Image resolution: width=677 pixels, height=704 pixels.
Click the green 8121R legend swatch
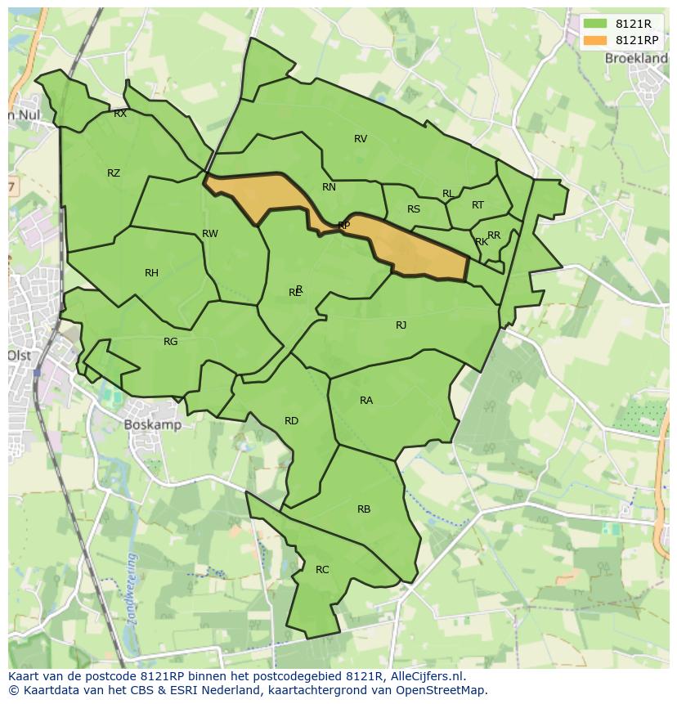click(594, 24)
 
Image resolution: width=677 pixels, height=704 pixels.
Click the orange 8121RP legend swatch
click(594, 40)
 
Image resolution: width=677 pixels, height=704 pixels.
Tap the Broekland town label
click(635, 58)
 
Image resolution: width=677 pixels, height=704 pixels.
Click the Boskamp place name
click(152, 424)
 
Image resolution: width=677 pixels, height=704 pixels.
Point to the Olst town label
click(19, 356)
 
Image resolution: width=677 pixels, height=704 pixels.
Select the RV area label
click(361, 138)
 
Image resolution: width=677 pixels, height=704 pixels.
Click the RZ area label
click(114, 173)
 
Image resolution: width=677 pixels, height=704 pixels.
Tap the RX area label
click(120, 114)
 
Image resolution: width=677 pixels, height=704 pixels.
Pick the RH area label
click(151, 272)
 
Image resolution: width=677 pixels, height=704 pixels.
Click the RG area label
click(170, 341)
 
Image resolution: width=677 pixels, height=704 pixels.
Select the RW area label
click(210, 233)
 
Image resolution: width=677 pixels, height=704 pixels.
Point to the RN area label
click(329, 186)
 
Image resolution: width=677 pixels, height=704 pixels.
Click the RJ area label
click(401, 325)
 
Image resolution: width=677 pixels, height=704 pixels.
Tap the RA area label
click(366, 400)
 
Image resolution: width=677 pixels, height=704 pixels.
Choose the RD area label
click(291, 420)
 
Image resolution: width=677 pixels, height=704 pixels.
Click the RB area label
click(364, 509)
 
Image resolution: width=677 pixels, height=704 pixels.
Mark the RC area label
click(322, 569)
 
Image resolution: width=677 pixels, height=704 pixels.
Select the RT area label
click(477, 204)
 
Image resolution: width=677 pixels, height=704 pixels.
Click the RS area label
click(414, 209)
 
